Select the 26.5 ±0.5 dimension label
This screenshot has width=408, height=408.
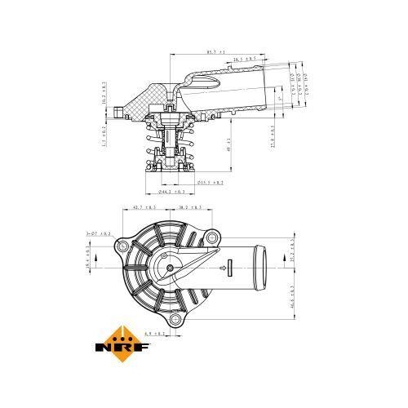tap(244, 60)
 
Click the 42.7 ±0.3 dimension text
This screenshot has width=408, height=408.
tap(144, 209)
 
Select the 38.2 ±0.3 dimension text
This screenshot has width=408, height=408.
tap(190, 209)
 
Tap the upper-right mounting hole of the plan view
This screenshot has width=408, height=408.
tap(213, 238)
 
